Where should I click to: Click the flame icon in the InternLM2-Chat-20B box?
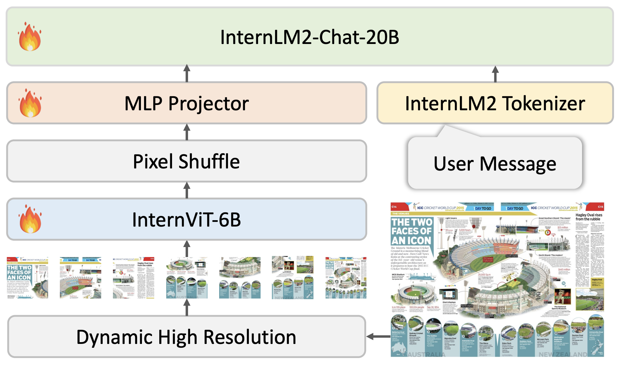coord(30,37)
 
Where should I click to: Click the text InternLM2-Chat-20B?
coord(309,37)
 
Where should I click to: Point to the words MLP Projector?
coord(187,104)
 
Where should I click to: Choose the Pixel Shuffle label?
coord(186,162)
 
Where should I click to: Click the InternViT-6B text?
coord(186,220)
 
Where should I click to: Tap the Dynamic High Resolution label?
coord(186,337)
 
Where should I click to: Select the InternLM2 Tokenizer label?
coord(495,104)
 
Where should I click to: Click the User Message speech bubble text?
coord(495,164)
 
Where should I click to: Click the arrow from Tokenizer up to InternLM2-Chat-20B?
coord(495,74)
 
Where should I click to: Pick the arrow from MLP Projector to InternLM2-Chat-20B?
coord(187,74)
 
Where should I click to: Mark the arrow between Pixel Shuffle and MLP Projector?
coord(187,132)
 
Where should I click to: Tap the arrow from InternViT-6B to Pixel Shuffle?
coord(187,190)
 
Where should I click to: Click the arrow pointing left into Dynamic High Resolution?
coord(378,336)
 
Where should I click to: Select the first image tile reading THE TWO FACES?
coord(27,278)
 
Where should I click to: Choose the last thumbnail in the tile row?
coord(346,278)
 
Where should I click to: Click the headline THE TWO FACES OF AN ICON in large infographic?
coord(411,232)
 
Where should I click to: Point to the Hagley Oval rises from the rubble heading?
coord(588,217)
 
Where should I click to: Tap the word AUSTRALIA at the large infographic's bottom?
coord(426,354)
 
